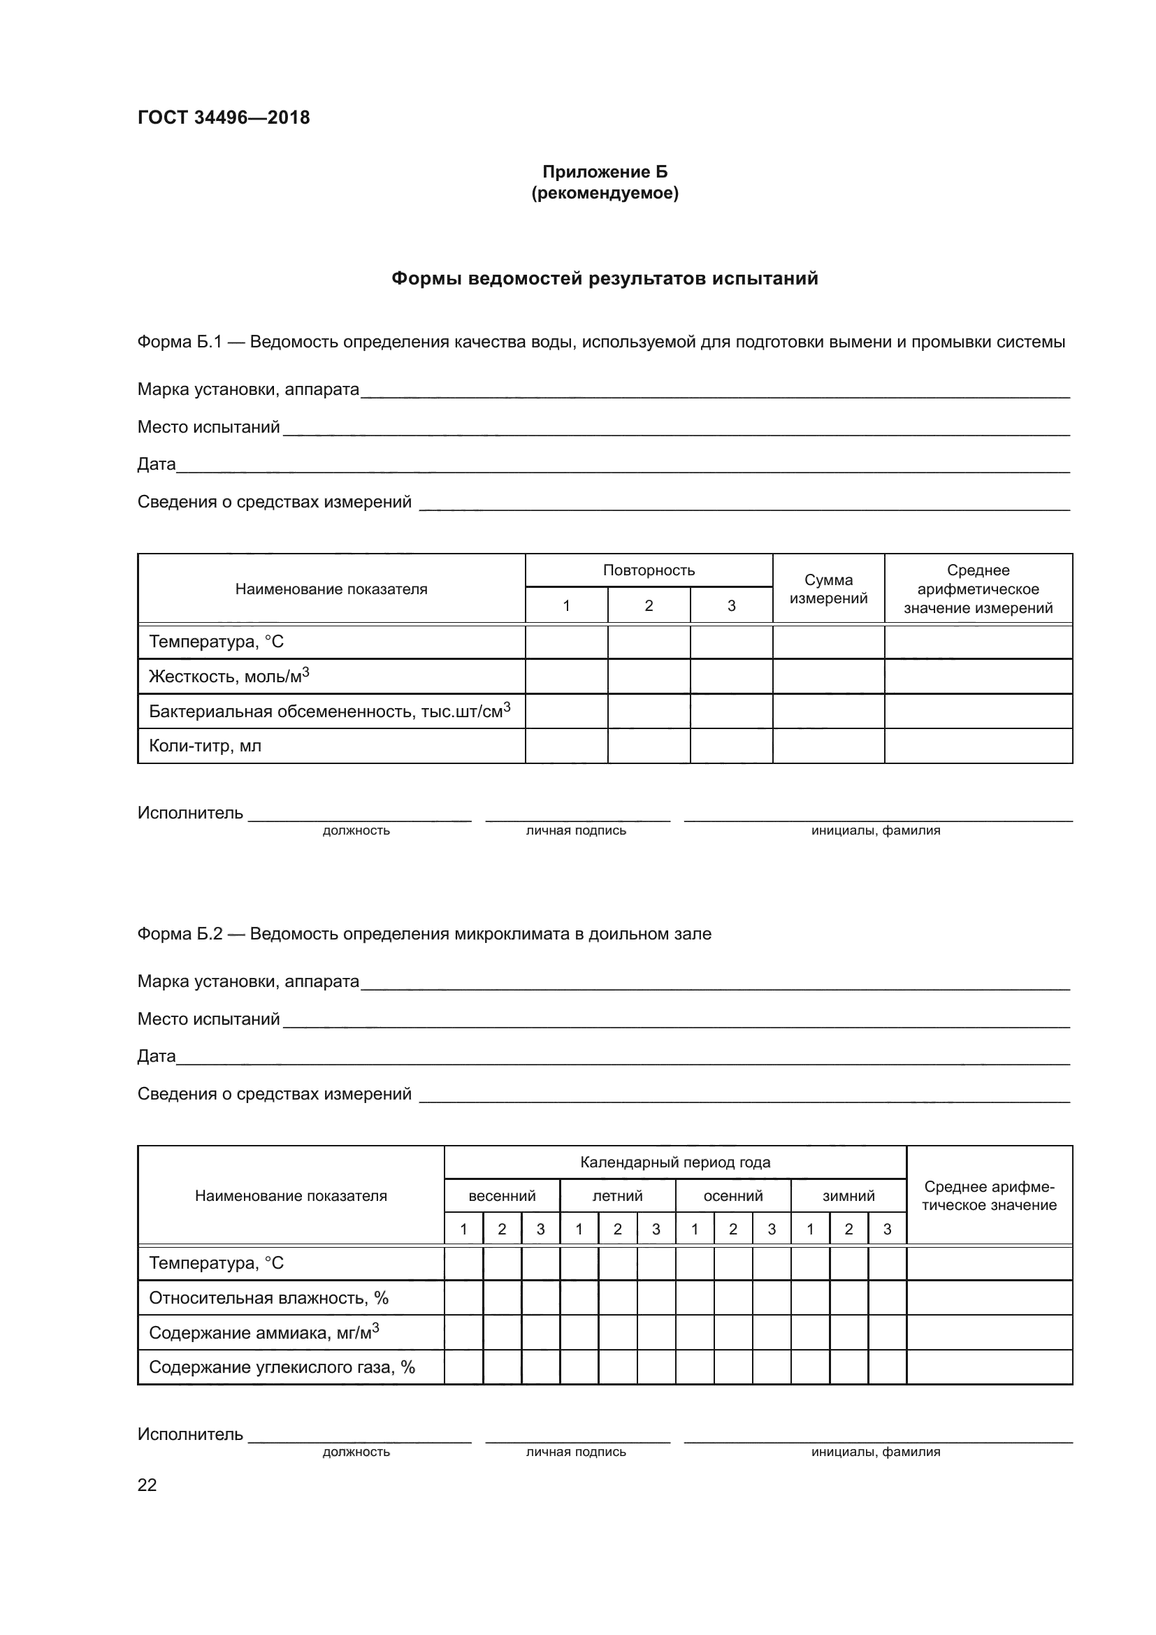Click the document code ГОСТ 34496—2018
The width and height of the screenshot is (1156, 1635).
[224, 117]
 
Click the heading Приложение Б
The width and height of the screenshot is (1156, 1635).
[605, 172]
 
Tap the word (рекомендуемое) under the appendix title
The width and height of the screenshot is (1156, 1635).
[605, 193]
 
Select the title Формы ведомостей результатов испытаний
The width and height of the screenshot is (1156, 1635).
[605, 278]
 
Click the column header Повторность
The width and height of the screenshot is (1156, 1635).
[649, 570]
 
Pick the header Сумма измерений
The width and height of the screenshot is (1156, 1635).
[829, 589]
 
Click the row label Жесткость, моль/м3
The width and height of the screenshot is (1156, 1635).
[229, 676]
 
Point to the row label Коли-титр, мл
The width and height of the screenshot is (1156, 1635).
[205, 746]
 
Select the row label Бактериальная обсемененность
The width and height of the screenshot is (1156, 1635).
[330, 711]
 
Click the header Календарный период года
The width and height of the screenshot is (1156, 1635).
[675, 1162]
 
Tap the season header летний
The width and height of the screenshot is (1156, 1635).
[617, 1195]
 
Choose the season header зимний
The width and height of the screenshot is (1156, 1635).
[848, 1195]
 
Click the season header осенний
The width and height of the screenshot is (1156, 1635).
[733, 1195]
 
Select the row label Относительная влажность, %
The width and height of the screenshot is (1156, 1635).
[268, 1297]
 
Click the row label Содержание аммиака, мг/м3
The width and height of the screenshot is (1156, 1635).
[264, 1332]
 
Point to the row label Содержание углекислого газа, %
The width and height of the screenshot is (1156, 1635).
[282, 1367]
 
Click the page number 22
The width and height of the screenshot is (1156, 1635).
[147, 1485]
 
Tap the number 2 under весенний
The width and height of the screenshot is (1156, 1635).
[502, 1229]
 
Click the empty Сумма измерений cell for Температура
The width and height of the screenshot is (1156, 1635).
[829, 642]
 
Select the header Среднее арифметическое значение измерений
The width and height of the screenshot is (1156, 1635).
[978, 589]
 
